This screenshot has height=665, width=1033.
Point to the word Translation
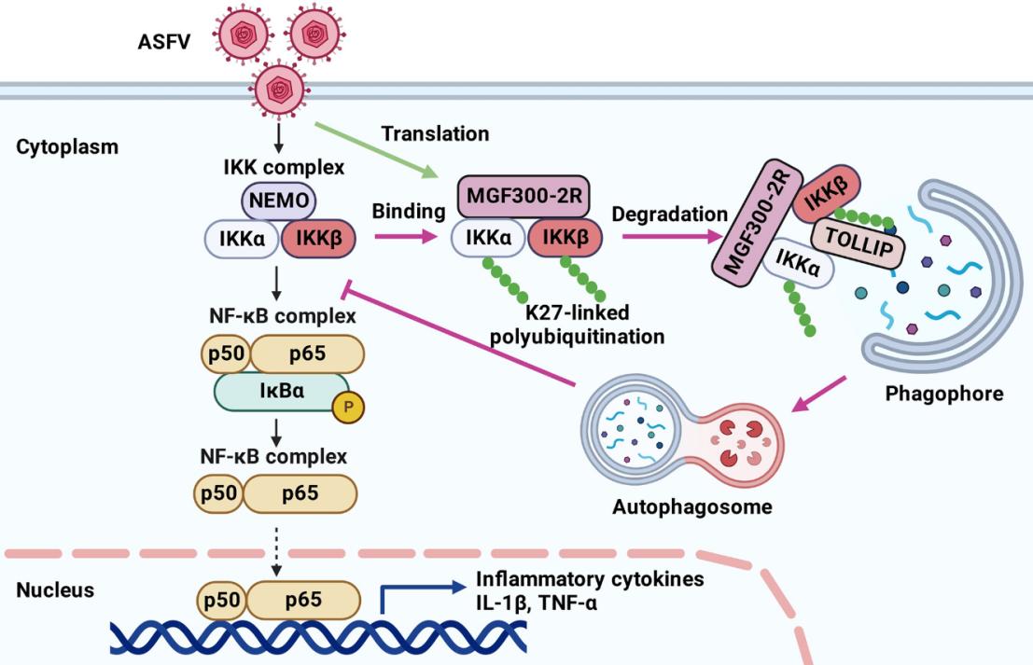click(434, 133)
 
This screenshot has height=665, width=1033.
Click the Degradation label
click(669, 213)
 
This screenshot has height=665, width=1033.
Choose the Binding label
click(409, 211)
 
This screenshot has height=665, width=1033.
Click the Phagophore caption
click(944, 394)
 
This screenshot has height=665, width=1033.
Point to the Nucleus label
click(55, 590)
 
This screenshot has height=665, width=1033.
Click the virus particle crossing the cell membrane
click(277, 90)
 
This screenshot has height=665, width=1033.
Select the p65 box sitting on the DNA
click(303, 599)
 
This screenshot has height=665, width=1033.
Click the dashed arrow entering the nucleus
click(277, 550)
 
